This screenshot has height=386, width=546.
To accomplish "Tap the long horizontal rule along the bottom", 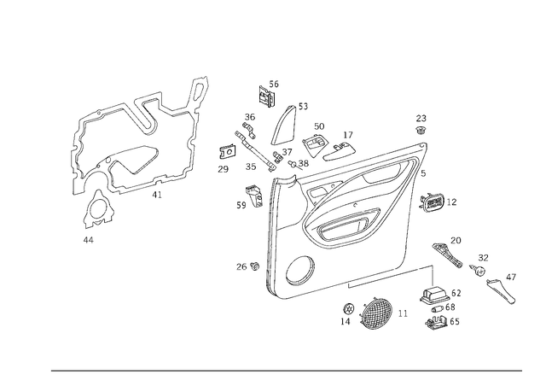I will click(x=286, y=371).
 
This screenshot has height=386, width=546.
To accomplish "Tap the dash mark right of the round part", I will click(x=403, y=318).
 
